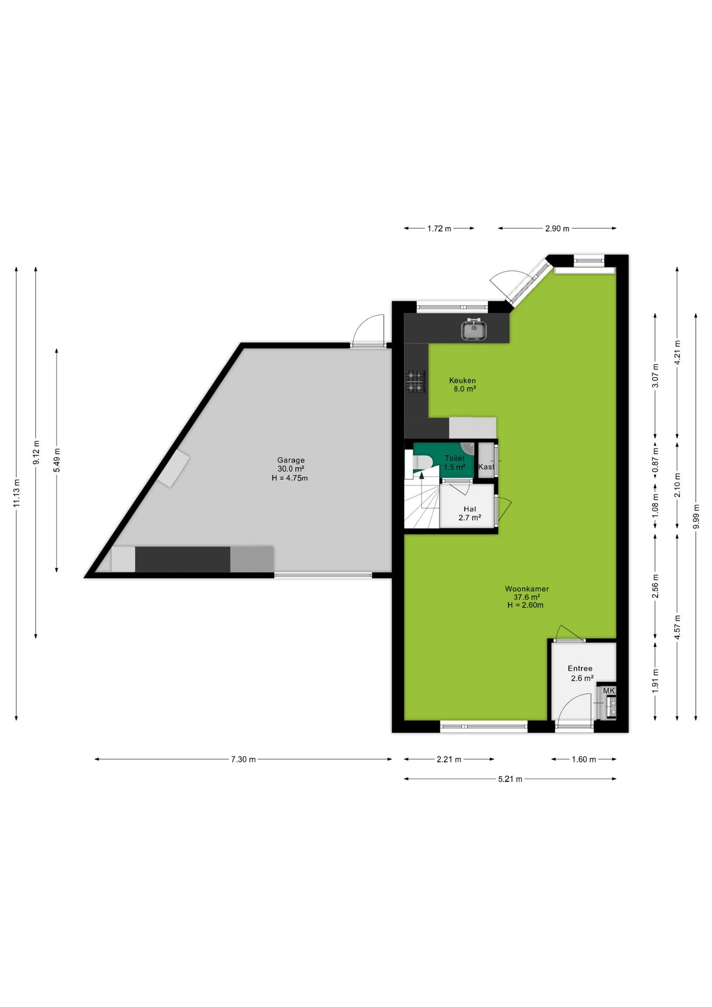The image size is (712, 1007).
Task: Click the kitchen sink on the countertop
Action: pos(474,330)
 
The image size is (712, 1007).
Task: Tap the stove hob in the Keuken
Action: pos(415,381)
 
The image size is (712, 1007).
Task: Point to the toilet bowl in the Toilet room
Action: pos(422,462)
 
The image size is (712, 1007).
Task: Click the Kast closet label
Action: pos(486,467)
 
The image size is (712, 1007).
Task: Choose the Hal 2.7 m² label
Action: pos(470,513)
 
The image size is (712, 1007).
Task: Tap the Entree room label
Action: pos(580,668)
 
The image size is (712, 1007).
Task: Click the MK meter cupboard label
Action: pos(609,691)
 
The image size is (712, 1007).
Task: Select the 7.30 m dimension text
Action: pos(243,759)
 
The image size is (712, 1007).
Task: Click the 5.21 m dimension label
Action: pos(510,779)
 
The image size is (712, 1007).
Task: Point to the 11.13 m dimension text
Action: pos(16,494)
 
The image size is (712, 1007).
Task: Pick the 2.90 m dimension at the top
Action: pos(557,228)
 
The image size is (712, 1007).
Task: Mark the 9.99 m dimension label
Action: pos(696,517)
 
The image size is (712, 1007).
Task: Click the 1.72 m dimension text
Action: pos(439,228)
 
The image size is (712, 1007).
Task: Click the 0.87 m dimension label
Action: pos(655,460)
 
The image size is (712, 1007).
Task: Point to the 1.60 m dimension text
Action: pos(584,759)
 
